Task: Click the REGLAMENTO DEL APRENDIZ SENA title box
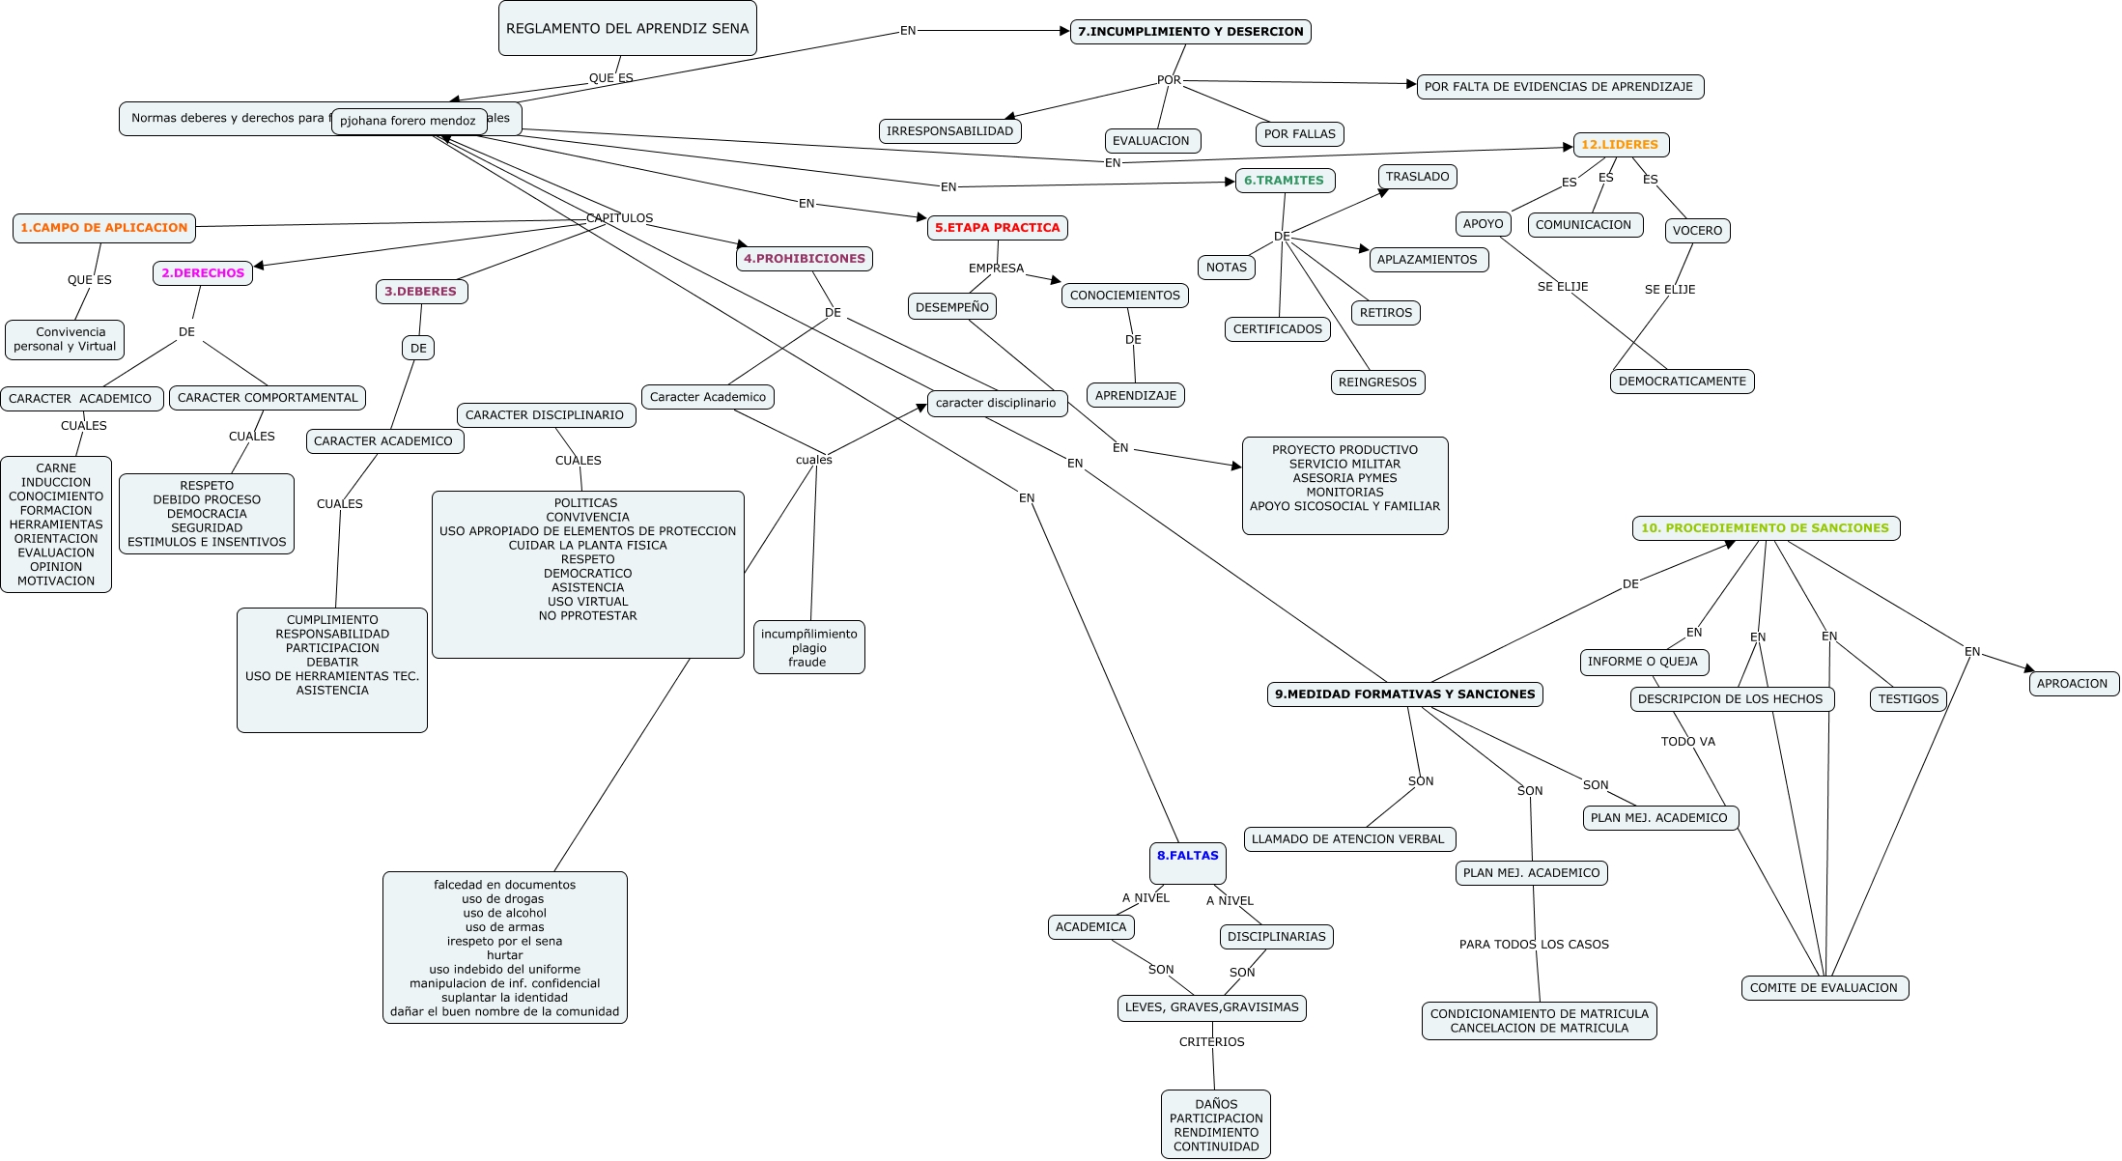click(628, 28)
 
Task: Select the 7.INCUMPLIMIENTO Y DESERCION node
click(1190, 32)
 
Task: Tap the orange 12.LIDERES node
click(1621, 145)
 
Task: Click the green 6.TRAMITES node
click(1285, 181)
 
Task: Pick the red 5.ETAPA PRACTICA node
click(997, 228)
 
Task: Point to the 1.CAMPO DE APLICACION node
click(104, 228)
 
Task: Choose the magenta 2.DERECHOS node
click(203, 273)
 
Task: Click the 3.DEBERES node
click(421, 292)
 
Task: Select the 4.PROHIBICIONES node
click(805, 259)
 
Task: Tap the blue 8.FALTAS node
click(1188, 863)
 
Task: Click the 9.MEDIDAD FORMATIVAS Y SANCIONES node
click(1404, 694)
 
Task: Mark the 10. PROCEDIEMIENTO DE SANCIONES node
click(1766, 528)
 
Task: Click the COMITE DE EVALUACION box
click(1824, 988)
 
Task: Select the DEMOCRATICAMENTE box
click(1682, 382)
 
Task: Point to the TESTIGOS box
click(1908, 699)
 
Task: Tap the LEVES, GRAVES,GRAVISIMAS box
click(1211, 1008)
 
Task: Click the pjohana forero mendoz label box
click(409, 122)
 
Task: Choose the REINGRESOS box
click(1377, 382)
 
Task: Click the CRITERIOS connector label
click(1211, 1042)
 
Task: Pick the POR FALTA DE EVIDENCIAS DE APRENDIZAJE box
click(1560, 87)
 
